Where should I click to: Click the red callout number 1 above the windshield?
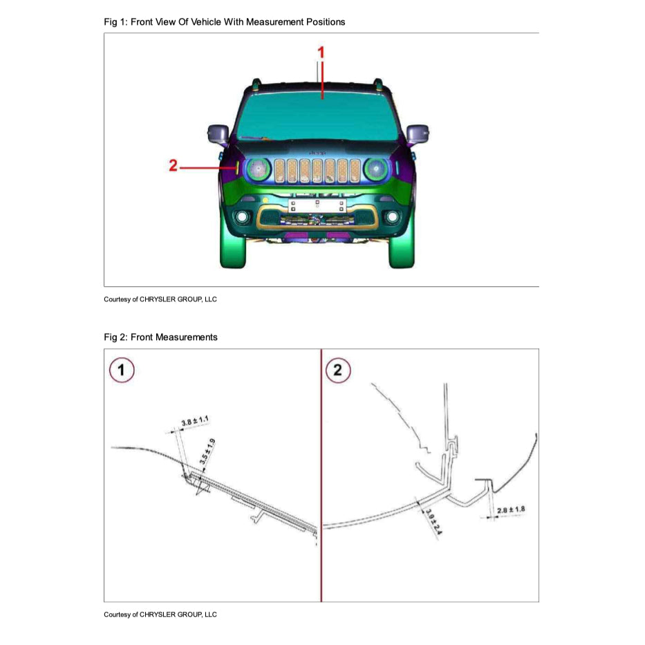[321, 52]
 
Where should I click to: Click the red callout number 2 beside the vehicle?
[174, 166]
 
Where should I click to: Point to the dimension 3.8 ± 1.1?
[195, 421]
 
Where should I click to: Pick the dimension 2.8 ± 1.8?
[511, 510]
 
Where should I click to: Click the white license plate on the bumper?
[316, 204]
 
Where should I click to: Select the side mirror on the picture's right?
[417, 133]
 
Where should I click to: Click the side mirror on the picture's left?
[218, 133]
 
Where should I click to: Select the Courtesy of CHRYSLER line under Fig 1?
[160, 299]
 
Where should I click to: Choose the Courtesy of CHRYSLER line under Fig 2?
[160, 615]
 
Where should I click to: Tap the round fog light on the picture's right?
[392, 217]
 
